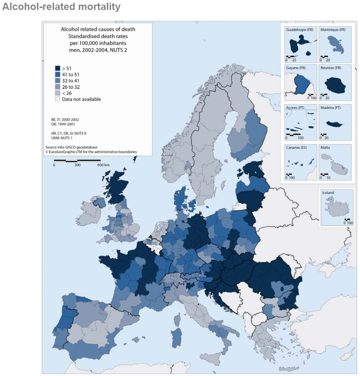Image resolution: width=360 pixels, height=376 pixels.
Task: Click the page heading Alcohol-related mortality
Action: [x=61, y=7]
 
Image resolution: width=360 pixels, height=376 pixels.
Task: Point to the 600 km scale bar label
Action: [x=103, y=165]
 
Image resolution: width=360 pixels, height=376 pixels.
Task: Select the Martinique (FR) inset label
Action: [x=333, y=29]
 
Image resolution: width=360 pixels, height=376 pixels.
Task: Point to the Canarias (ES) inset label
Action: [x=296, y=147]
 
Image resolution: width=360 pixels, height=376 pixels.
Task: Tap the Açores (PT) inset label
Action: [x=294, y=108]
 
